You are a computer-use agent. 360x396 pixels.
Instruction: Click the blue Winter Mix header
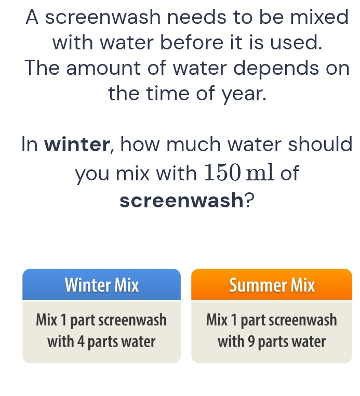click(102, 285)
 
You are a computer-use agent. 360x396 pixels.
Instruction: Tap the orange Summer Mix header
click(271, 285)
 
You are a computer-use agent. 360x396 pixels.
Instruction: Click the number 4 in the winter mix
click(86, 341)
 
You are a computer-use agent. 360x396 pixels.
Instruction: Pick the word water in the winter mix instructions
click(139, 341)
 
